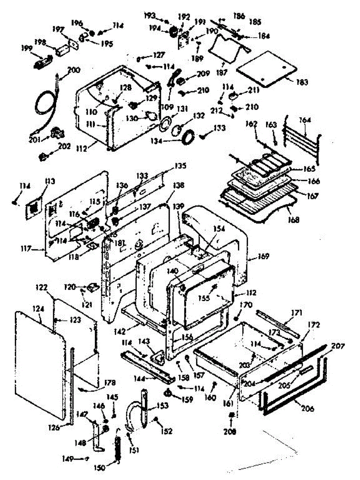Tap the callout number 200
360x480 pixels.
tap(74, 69)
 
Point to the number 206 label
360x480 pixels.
tap(306, 408)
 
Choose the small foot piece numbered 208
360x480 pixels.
tap(231, 418)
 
